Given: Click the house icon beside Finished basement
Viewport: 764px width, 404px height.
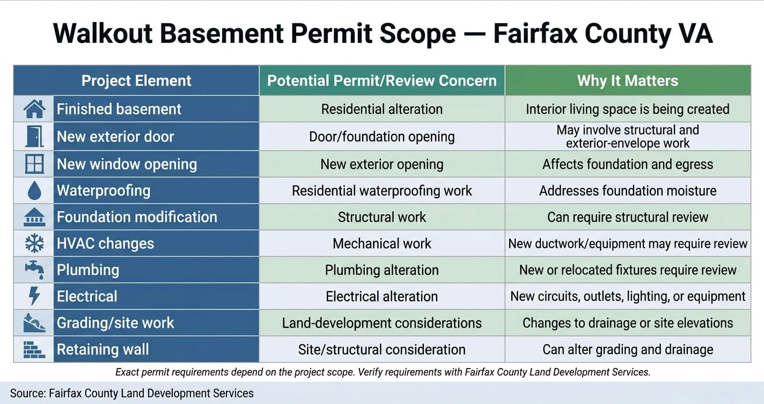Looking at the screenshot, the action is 34,109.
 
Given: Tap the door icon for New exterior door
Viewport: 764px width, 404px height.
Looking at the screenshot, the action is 34,136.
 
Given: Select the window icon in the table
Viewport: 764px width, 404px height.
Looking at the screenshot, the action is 34,164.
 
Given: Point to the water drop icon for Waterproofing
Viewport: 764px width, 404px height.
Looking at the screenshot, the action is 34,190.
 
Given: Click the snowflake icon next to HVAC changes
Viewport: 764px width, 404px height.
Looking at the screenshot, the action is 34,243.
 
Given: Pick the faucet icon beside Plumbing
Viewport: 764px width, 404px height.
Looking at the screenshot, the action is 35,270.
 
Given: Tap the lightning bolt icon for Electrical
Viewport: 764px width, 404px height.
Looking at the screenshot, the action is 34,295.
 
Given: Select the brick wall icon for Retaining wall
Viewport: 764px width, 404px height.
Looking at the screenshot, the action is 34,349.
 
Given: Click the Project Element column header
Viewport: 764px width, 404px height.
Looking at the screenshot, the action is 136,81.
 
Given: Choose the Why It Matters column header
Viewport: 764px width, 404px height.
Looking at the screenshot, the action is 628,81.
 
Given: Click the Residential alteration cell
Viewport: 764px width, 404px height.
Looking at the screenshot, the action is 381,109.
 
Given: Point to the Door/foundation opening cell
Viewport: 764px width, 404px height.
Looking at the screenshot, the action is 381,136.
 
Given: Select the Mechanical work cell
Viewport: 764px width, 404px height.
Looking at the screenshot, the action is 381,243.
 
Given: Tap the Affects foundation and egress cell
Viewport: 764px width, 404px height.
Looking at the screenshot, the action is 628,164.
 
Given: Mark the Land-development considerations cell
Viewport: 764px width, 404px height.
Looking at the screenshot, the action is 381,323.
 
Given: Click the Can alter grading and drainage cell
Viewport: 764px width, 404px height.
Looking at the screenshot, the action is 628,350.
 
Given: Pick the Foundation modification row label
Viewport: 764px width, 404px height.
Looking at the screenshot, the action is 137,217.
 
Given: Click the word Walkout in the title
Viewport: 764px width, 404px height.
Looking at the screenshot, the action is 102,33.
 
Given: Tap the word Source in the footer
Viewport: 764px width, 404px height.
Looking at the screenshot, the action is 28,393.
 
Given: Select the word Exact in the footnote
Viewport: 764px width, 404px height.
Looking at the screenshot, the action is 127,372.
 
